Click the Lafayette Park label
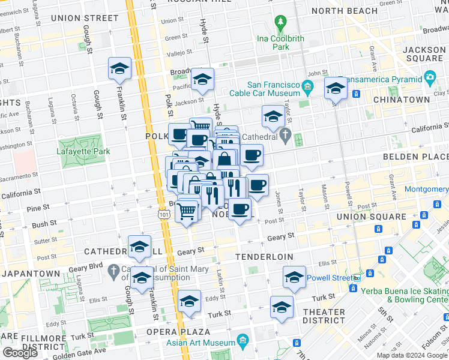coord(84,152)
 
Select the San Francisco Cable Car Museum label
coord(274,89)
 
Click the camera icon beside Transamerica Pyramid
coord(429,77)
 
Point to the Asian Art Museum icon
coord(243,341)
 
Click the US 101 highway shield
coord(164,214)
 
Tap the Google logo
coord(20,353)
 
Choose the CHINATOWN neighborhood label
coord(401,100)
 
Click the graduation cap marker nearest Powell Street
coord(295,277)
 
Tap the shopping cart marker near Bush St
coord(188,210)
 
